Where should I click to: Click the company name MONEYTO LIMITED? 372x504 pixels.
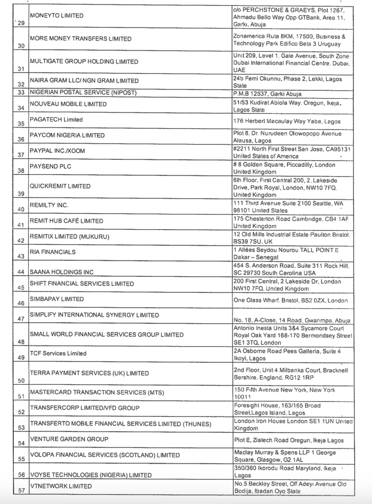pyautogui.click(x=57, y=16)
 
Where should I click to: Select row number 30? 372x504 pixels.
pyautogui.click(x=21, y=46)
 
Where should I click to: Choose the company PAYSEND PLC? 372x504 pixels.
pyautogui.click(x=50, y=166)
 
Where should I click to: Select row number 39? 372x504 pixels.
pyautogui.click(x=21, y=194)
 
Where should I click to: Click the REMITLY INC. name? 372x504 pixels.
pyautogui.click(x=49, y=204)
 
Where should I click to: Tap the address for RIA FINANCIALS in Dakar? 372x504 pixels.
pyautogui.click(x=286, y=253)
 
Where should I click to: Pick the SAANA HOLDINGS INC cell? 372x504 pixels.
pyautogui.click(x=62, y=272)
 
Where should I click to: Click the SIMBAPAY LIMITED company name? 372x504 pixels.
pyautogui.click(x=57, y=299)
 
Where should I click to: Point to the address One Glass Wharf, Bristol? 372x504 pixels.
pyautogui.click(x=290, y=301)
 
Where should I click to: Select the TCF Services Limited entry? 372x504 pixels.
pyautogui.click(x=58, y=353)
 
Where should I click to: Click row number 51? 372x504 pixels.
pyautogui.click(x=21, y=396)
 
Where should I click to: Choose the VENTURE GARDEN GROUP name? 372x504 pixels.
pyautogui.click(x=69, y=439)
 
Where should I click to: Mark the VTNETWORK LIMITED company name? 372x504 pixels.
pyautogui.click(x=61, y=486)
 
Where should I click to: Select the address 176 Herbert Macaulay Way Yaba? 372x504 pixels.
pyautogui.click(x=286, y=121)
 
